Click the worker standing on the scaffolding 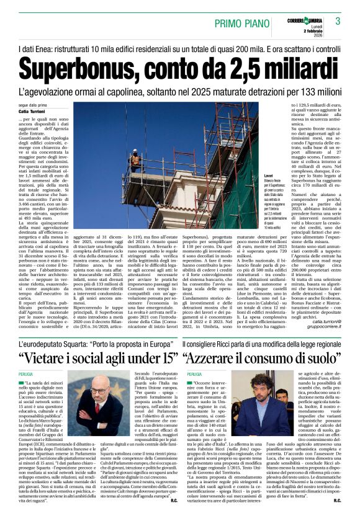[x=134, y=161]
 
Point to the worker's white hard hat [x=134, y=152]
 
